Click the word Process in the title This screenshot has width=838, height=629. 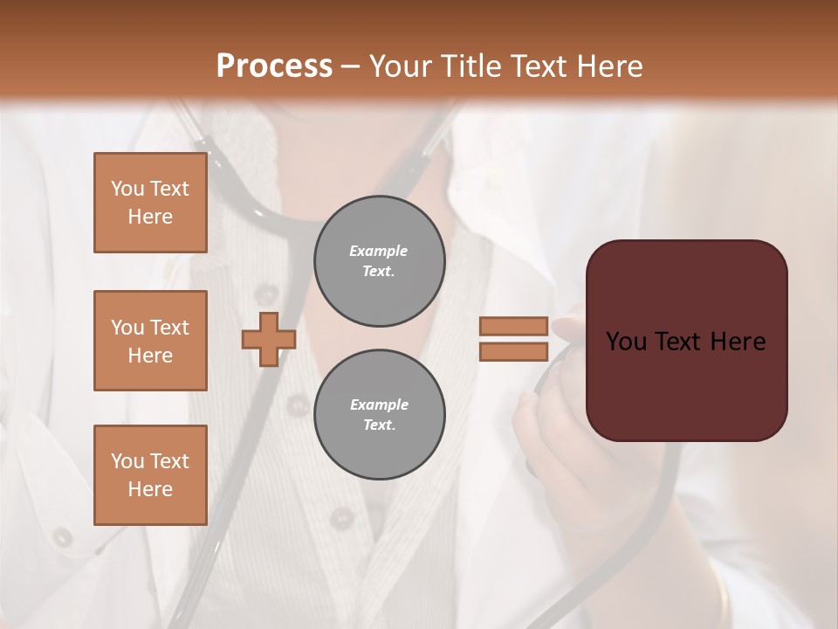(274, 66)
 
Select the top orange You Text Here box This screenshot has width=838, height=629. (150, 203)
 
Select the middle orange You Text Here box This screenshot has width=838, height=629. (150, 341)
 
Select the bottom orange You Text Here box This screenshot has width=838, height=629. (150, 475)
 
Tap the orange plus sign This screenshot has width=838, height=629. (269, 339)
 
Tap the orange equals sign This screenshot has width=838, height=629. (513, 339)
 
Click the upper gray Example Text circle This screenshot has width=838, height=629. (379, 261)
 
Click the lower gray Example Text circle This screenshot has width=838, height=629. (379, 415)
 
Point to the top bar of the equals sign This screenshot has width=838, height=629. (513, 327)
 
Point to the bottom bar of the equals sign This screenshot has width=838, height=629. (513, 352)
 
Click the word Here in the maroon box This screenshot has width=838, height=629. (738, 342)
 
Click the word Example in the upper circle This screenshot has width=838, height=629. (379, 252)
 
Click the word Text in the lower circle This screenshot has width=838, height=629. (379, 425)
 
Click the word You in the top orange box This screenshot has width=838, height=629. (127, 189)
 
